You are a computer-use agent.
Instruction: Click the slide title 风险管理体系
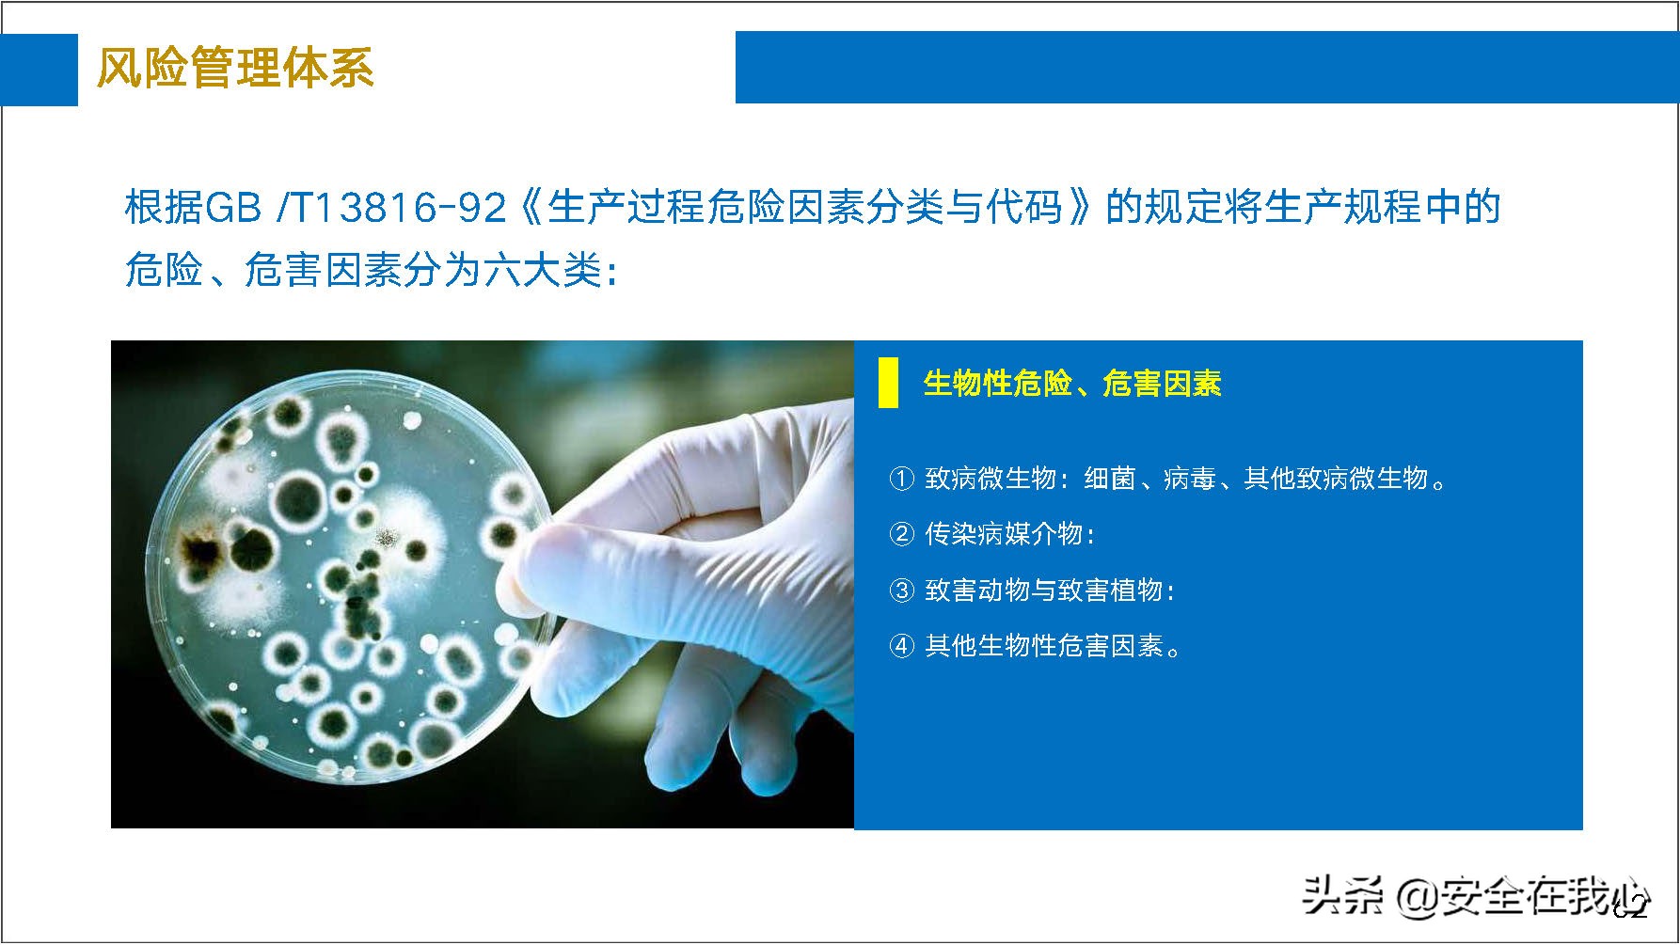pos(235,68)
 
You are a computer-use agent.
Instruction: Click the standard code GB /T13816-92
pos(316,208)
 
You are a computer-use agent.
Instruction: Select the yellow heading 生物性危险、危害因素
pos(1071,384)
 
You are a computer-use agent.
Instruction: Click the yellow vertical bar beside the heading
pos(888,383)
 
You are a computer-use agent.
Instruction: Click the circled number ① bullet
pos(901,479)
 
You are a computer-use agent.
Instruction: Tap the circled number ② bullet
pos(901,534)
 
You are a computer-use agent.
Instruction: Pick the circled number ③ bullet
pos(901,590)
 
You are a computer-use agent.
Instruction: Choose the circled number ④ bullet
pos(901,646)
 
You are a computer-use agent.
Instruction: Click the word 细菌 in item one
pos(1110,479)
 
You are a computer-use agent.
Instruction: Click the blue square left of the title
pos(39,69)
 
